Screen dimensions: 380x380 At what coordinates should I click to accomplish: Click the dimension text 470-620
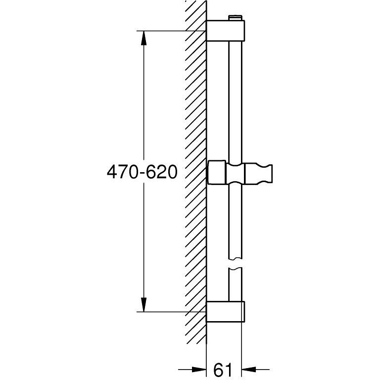pos(142,172)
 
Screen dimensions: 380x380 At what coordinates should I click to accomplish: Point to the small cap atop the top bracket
pos(236,18)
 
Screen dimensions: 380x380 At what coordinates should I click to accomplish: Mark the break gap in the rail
pos(236,264)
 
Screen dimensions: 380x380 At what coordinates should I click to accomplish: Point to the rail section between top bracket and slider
pos(236,99)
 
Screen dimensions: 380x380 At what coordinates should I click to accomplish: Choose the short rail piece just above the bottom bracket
pos(236,285)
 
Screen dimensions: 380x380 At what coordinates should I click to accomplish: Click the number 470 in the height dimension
pos(121,172)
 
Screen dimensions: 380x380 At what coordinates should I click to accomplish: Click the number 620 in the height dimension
pos(163,172)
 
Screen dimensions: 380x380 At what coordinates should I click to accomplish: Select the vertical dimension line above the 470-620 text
pos(143,99)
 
